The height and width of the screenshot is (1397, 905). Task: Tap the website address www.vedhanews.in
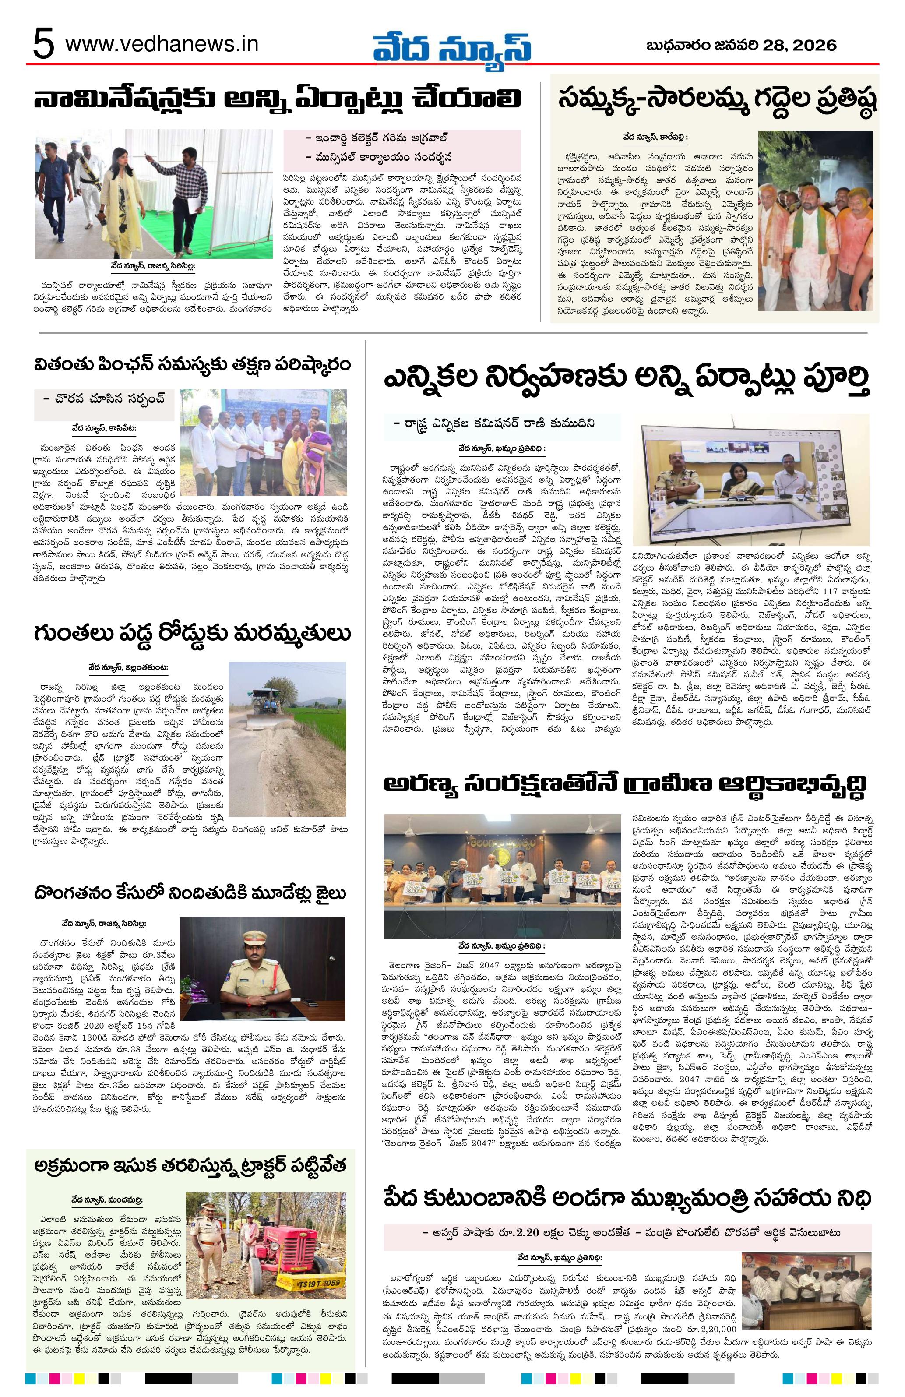[x=162, y=45]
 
